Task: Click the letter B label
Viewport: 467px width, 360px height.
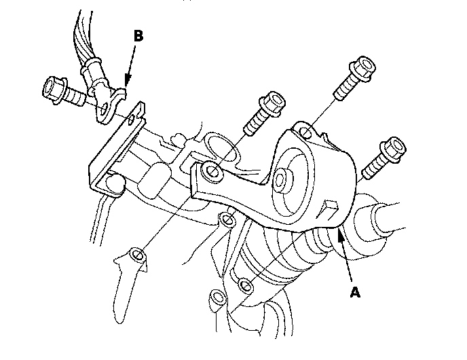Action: point(138,35)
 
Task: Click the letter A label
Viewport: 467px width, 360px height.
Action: point(355,292)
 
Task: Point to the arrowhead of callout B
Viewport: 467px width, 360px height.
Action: point(128,81)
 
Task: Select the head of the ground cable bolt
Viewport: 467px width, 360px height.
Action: point(53,89)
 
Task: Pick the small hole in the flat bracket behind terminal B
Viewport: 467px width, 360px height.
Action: point(131,120)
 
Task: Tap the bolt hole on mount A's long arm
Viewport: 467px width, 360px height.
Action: point(212,171)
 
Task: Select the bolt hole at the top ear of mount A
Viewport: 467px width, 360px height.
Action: point(305,132)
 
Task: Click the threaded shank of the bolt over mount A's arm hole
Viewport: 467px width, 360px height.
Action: point(255,124)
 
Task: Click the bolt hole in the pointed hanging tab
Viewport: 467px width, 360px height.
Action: point(137,255)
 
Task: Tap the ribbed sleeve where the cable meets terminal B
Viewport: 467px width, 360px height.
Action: point(92,69)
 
